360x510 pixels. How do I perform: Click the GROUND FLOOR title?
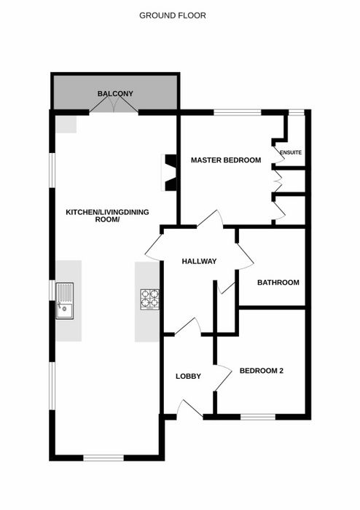[173, 15]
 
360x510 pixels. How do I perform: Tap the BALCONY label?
[115, 94]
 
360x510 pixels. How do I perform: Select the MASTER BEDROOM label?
[226, 160]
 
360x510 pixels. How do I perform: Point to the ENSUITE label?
[291, 152]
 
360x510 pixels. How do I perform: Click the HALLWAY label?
[199, 261]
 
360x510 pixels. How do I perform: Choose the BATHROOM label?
[278, 283]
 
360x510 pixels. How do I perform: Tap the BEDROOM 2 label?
[262, 371]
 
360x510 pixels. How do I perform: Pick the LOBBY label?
[188, 377]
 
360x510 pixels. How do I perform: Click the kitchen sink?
[65, 300]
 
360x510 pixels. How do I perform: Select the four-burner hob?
[149, 299]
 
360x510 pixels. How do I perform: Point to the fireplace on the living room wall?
[169, 173]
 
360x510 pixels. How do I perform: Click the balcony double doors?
[114, 104]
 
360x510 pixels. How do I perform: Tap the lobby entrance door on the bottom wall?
[190, 409]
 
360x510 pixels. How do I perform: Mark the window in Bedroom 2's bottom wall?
[258, 417]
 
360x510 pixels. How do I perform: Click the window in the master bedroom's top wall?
[238, 112]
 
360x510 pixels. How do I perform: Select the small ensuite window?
[297, 112]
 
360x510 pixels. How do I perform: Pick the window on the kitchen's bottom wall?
[103, 458]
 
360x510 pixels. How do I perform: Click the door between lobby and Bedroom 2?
[223, 377]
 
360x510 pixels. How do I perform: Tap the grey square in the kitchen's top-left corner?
[66, 124]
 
